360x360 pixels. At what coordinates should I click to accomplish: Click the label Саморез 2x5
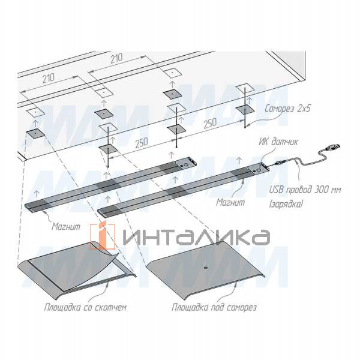(x=287, y=109)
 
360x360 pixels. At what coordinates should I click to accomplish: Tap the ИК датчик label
(x=278, y=142)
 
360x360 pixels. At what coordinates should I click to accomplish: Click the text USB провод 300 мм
(x=305, y=190)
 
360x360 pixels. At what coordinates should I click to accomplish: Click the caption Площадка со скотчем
(x=85, y=307)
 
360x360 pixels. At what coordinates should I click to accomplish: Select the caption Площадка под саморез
(x=214, y=307)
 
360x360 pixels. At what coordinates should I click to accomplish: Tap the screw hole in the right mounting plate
(x=205, y=268)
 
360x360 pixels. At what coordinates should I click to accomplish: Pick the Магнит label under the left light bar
(x=66, y=227)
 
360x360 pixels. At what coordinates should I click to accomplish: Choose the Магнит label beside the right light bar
(x=230, y=202)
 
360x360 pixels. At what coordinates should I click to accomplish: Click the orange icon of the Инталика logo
(x=103, y=236)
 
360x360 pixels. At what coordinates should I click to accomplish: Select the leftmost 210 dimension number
(x=49, y=78)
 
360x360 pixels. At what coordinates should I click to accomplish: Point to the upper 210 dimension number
(x=116, y=59)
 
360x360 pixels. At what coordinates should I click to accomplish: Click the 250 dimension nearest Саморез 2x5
(x=210, y=123)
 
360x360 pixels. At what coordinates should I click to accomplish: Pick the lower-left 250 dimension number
(x=142, y=143)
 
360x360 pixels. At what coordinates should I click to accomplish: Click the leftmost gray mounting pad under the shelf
(x=35, y=134)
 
